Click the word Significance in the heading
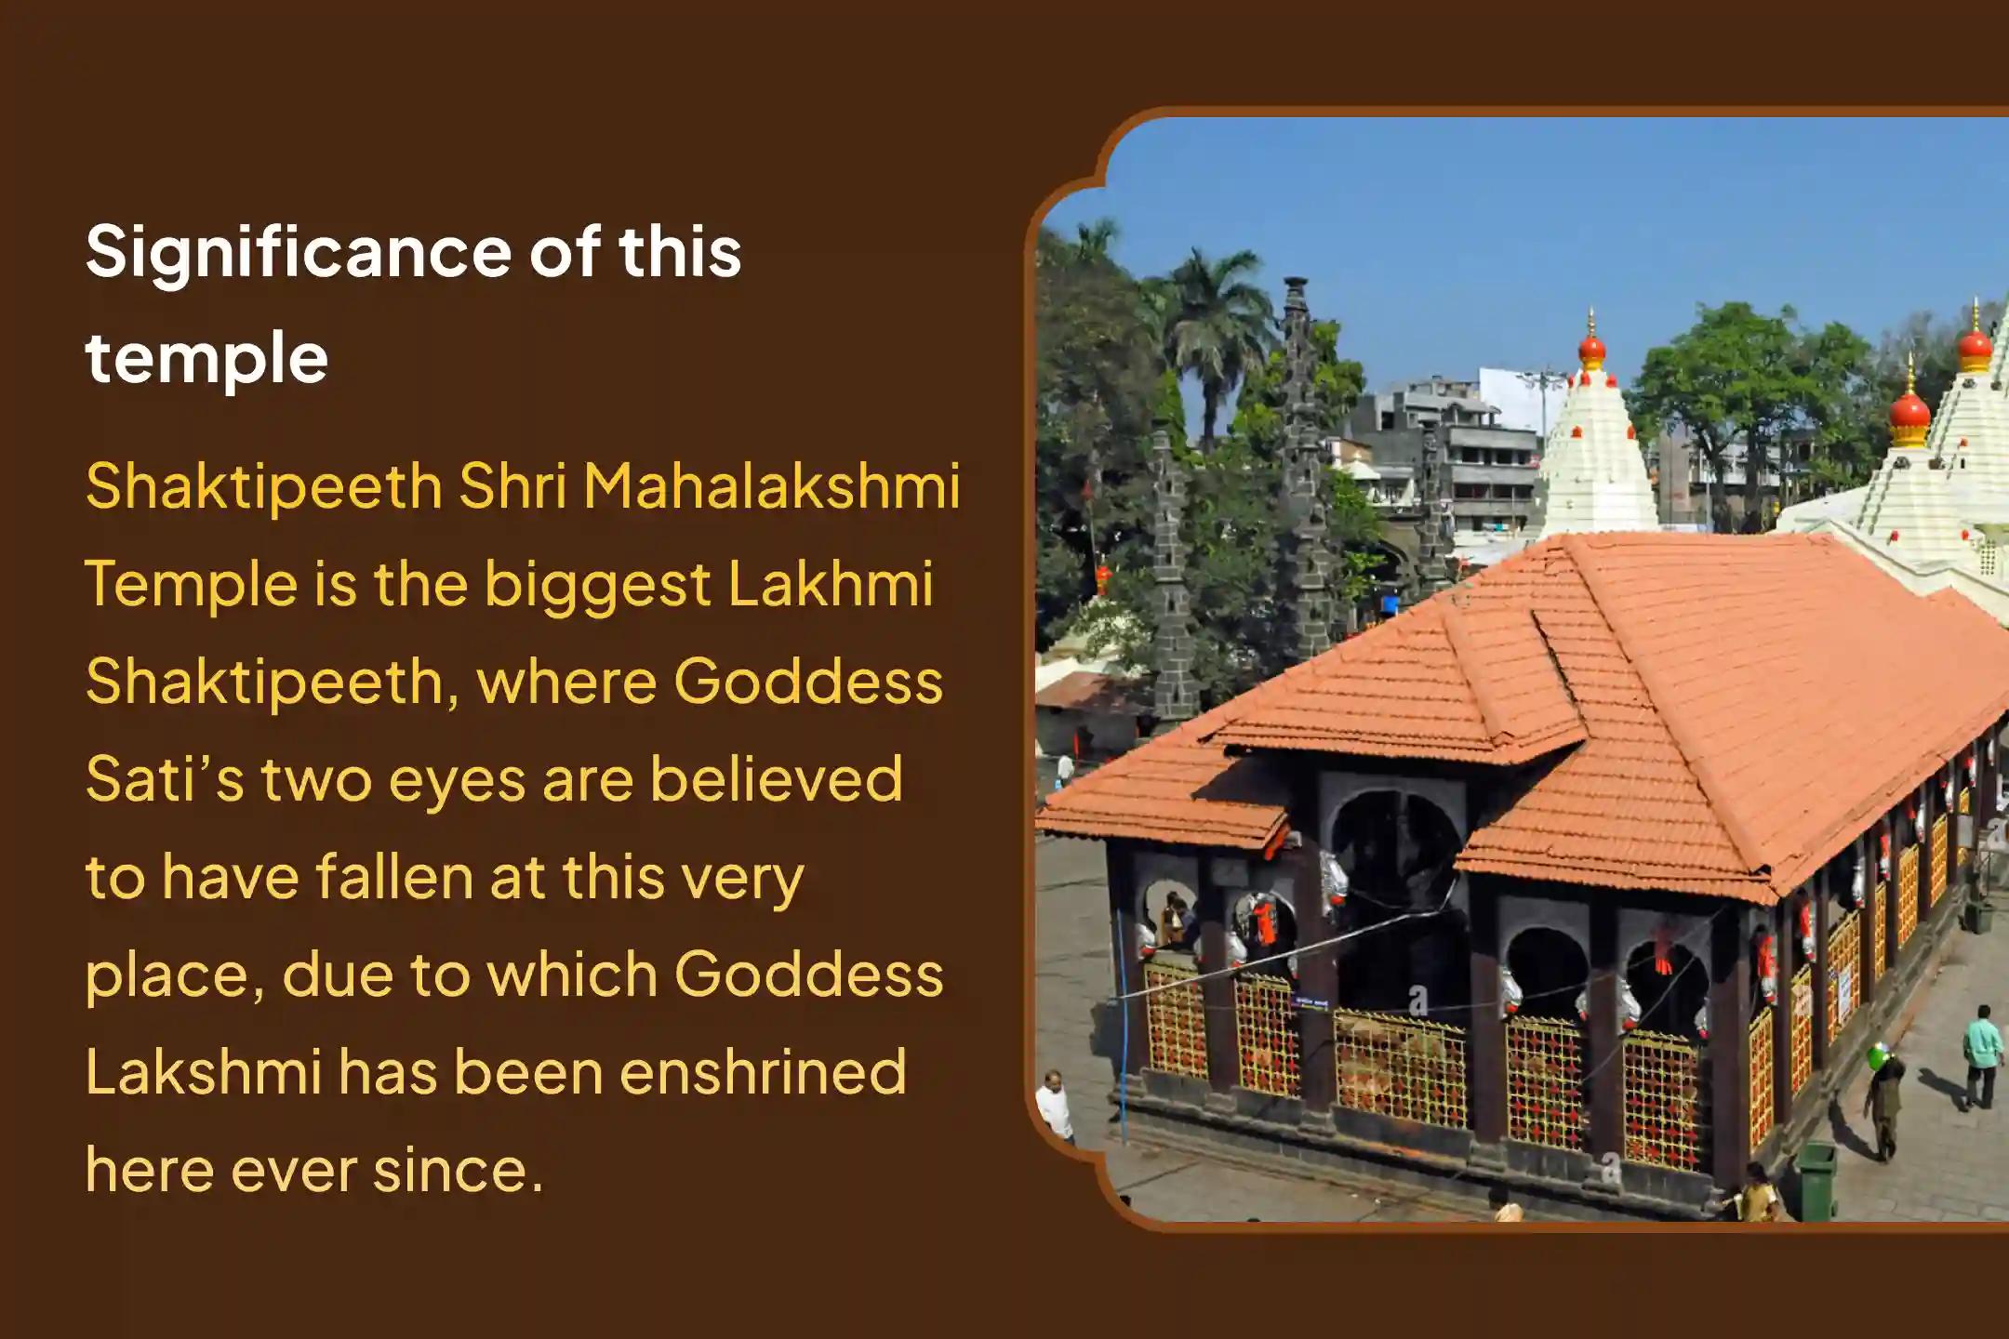(x=299, y=254)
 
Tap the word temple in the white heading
(x=206, y=358)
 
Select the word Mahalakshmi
(x=771, y=486)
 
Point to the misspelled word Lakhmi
(x=830, y=584)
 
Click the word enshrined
(x=763, y=1072)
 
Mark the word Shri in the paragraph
(x=512, y=486)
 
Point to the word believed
(x=776, y=778)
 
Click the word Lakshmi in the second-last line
(x=203, y=1072)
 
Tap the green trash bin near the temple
(x=1816, y=1180)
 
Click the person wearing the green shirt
(x=1981, y=1056)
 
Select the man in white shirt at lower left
(x=1055, y=1106)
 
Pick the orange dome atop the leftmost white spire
(x=1591, y=349)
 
